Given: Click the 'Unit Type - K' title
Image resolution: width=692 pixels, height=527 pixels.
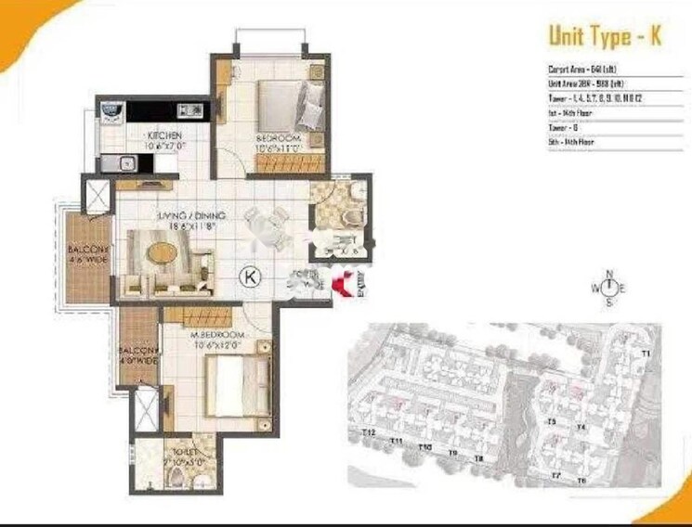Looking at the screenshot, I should [604, 36].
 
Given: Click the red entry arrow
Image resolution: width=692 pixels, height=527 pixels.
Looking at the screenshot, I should [344, 285].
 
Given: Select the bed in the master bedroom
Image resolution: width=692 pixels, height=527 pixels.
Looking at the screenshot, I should [237, 385].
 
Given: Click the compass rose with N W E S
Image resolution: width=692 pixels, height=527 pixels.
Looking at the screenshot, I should [609, 288].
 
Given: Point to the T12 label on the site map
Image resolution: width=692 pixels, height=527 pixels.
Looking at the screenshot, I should [369, 433].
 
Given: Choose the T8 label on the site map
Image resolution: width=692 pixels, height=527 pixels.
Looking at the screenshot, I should [479, 458].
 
